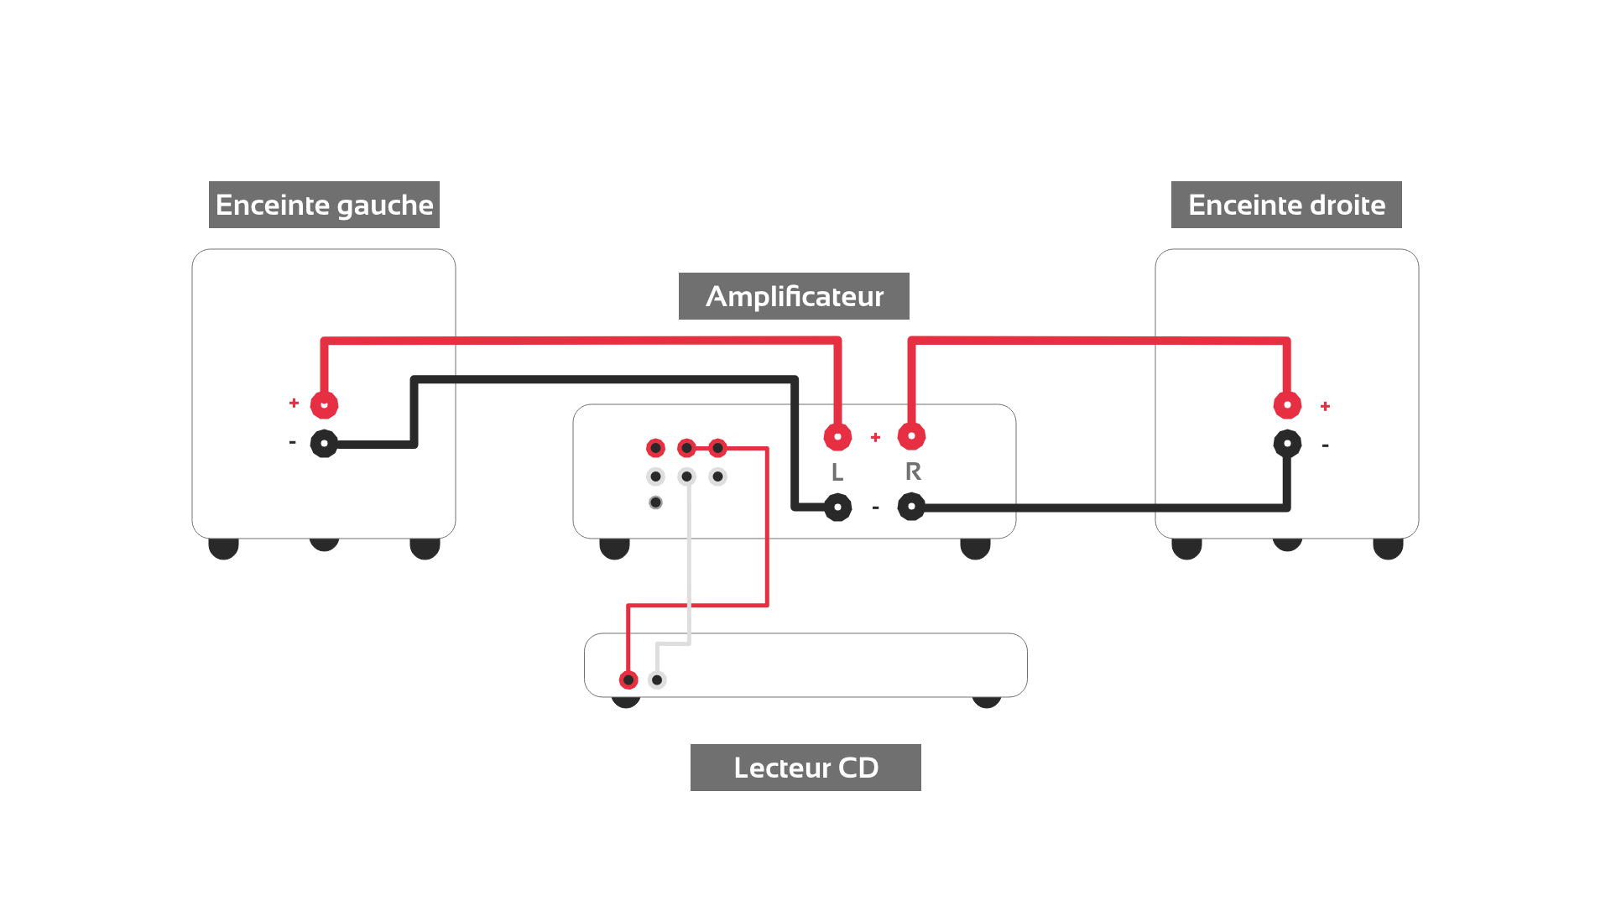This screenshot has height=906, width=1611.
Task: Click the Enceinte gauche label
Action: pos(324,205)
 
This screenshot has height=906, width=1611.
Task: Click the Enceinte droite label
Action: pos(1286,205)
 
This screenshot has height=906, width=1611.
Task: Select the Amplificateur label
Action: pos(794,296)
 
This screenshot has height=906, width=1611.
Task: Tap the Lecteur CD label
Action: pos(805,768)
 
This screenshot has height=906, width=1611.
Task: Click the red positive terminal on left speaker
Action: pos(324,405)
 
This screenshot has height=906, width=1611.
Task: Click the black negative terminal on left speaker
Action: pos(324,443)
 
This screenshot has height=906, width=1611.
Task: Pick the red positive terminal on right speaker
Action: pos(1287,405)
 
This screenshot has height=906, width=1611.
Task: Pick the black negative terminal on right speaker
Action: pos(1287,443)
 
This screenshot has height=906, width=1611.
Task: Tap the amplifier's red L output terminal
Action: pos(837,436)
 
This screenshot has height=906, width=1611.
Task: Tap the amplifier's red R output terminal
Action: pos(911,435)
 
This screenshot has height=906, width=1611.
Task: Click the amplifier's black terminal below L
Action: pos(837,507)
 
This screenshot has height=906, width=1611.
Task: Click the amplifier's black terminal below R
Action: pos(911,507)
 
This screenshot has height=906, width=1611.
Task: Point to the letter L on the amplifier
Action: pos(837,472)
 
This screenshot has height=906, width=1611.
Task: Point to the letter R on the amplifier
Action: pos(913,471)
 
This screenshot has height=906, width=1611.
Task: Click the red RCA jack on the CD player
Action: pos(628,679)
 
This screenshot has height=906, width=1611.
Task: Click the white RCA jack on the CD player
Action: pos(657,679)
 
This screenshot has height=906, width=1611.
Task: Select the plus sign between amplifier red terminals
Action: pos(875,437)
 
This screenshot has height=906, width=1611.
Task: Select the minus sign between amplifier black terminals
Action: pos(875,508)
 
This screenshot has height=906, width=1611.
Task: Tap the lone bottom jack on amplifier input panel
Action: pos(655,502)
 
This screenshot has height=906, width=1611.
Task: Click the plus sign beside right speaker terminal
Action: pos(1325,406)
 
